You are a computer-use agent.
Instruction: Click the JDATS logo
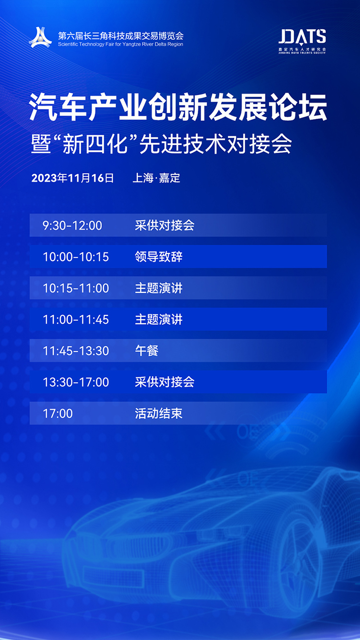click(302, 41)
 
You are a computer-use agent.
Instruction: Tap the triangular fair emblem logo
click(40, 37)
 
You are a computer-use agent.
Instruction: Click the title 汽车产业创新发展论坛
click(178, 107)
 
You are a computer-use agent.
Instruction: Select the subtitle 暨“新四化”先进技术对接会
click(161, 144)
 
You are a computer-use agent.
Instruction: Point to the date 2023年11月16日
click(72, 178)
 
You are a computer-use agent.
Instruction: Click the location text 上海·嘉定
click(156, 178)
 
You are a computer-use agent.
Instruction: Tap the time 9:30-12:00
click(72, 226)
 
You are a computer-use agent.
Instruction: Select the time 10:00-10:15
click(76, 257)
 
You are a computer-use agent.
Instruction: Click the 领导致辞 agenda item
click(158, 256)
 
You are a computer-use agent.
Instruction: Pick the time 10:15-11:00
click(76, 288)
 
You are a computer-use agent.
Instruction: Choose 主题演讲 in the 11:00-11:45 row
click(158, 319)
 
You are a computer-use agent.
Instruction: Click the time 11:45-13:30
click(76, 350)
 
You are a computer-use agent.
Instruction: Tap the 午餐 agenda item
click(146, 350)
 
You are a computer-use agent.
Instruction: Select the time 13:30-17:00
click(76, 382)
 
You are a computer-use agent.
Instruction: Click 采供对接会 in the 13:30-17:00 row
click(165, 382)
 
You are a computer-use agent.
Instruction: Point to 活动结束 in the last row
click(158, 413)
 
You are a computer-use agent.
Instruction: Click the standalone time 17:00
click(58, 413)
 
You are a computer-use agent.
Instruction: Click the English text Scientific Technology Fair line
click(120, 44)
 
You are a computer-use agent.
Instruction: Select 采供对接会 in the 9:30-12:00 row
click(165, 225)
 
